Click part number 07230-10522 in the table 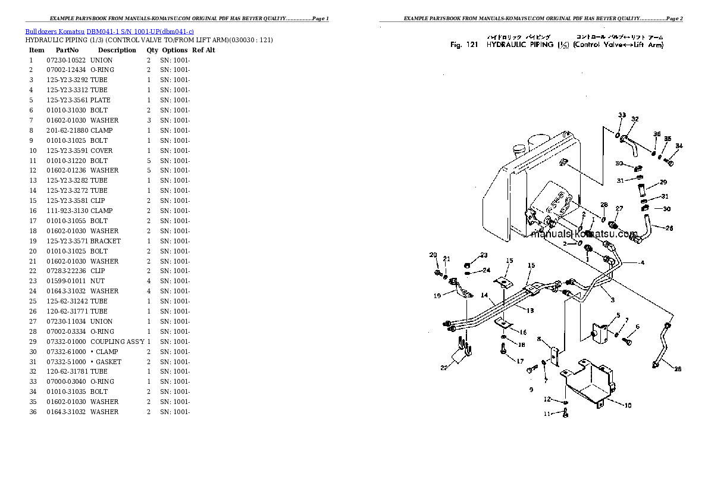click(x=65, y=60)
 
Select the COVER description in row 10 click(x=101, y=151)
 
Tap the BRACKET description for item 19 click(x=105, y=241)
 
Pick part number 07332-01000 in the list click(x=67, y=342)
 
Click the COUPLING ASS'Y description click(x=117, y=342)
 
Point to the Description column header click(x=117, y=50)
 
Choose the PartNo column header click(x=67, y=50)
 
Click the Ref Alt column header click(x=203, y=50)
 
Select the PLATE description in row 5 click(x=100, y=100)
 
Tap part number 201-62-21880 click(x=67, y=130)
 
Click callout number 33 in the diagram click(x=622, y=115)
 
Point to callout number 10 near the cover click(x=628, y=405)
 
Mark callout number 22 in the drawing click(x=444, y=368)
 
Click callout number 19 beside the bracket click(x=437, y=295)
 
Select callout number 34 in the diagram click(x=679, y=146)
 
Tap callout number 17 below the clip click(x=519, y=361)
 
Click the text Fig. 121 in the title click(x=465, y=45)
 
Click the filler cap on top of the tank click(x=519, y=145)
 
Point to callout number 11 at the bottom click(x=546, y=414)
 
